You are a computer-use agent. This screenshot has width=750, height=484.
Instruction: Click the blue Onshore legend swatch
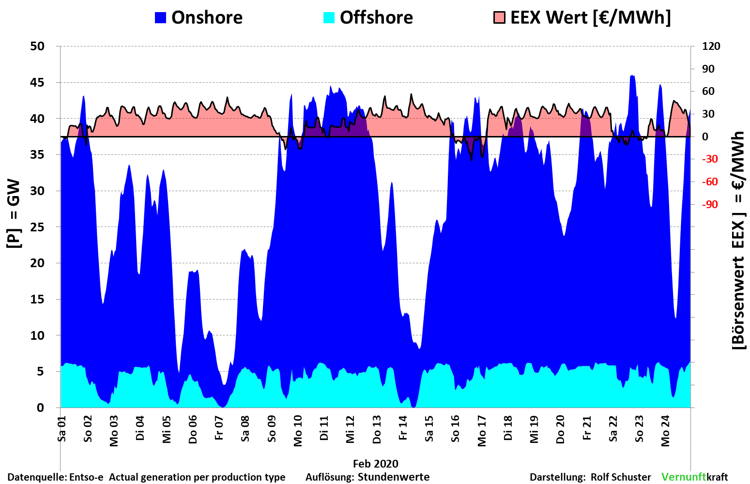pyautogui.click(x=160, y=17)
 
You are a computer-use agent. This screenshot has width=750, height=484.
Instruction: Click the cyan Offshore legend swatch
pyautogui.click(x=329, y=17)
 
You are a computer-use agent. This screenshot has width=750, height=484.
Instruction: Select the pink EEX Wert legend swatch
pyautogui.click(x=499, y=17)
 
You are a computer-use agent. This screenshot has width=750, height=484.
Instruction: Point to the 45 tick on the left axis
pyautogui.click(x=37, y=82)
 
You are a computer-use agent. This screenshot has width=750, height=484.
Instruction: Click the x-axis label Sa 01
pyautogui.click(x=62, y=428)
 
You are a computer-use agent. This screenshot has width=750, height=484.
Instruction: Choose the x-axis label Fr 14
pyautogui.click(x=403, y=428)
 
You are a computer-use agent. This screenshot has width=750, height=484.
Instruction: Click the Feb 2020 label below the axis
pyautogui.click(x=375, y=464)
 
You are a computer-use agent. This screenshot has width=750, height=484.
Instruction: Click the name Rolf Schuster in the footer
pyautogui.click(x=621, y=477)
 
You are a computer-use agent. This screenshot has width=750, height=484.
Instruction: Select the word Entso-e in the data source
pyautogui.click(x=87, y=477)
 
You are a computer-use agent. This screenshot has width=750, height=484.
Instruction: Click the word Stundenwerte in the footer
pyautogui.click(x=394, y=477)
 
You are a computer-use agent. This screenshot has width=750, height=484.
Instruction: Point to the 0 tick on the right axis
pyautogui.click(x=705, y=137)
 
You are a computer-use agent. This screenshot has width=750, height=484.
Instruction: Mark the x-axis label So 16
pyautogui.click(x=455, y=429)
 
